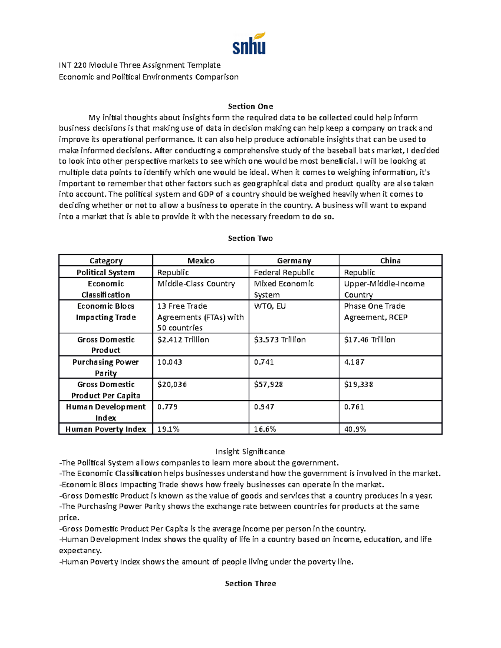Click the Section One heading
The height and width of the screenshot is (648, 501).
[250, 106]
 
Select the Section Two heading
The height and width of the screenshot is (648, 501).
[250, 238]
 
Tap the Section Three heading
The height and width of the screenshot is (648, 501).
[250, 583]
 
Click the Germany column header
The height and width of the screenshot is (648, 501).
[294, 261]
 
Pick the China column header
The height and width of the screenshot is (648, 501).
[390, 261]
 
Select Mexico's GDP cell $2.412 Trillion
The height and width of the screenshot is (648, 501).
[183, 340]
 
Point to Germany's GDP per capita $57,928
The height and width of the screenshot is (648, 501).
[268, 384]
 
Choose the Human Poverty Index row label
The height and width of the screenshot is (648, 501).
[106, 429]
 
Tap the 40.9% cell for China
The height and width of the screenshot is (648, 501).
[355, 429]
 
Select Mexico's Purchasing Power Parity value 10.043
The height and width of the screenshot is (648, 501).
[170, 362]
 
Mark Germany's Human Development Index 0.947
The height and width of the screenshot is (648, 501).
[264, 407]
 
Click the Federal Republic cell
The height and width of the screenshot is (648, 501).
[284, 272]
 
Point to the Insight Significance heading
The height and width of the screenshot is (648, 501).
[250, 451]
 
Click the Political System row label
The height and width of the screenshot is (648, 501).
[106, 272]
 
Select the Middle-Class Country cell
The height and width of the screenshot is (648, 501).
[196, 284]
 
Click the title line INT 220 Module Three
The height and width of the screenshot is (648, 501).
[139, 65]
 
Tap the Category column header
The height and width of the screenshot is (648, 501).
[106, 261]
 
